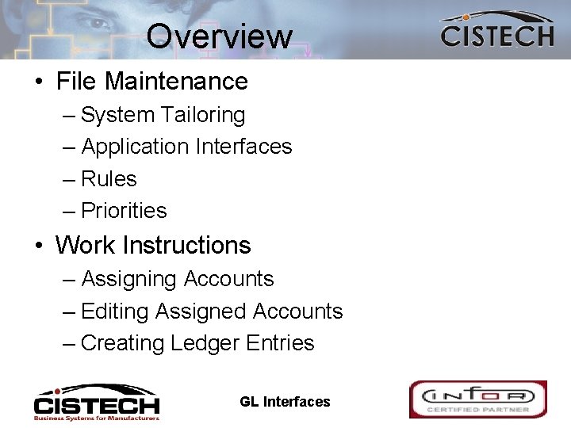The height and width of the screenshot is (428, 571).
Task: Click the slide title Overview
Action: pos(219,36)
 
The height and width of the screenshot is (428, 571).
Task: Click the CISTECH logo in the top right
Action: pos(496,31)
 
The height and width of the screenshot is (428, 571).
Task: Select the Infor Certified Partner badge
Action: pos(477,399)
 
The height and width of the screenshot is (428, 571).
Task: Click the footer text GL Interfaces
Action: pos(285,402)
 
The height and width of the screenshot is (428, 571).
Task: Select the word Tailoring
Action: pos(203,116)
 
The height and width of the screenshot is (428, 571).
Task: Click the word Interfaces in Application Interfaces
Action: pos(243,147)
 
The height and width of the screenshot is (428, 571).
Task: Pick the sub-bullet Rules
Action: pos(109,179)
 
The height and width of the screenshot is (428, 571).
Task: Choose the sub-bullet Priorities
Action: pos(124,211)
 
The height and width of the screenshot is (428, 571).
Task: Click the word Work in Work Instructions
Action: pos(85,246)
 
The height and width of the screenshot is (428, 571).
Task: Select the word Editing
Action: pos(115,312)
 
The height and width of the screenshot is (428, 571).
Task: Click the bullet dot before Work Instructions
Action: pos(38,246)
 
